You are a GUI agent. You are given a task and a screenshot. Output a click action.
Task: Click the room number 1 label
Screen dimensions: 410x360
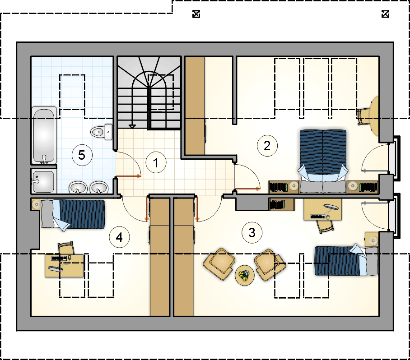tap(156, 162)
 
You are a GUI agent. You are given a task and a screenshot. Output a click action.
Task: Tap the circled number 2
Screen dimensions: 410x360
tap(267, 146)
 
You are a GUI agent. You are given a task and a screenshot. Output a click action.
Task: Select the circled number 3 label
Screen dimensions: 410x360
tap(252, 232)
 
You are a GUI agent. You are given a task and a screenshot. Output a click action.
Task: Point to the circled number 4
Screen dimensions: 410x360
tap(119, 237)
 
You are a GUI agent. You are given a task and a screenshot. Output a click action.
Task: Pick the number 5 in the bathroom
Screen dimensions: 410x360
tap(82, 155)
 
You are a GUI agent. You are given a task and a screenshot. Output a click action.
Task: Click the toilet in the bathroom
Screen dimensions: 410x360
tap(102, 132)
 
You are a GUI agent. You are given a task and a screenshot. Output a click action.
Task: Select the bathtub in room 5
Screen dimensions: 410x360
tap(44, 135)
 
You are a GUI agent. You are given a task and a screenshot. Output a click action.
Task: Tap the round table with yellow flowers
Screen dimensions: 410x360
tap(244, 275)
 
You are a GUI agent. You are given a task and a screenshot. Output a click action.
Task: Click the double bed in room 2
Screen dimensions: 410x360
tap(323, 161)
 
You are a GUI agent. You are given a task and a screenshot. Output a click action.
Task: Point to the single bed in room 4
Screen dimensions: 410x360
tap(73, 215)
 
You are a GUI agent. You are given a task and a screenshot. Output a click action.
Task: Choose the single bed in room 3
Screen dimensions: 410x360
tap(346, 260)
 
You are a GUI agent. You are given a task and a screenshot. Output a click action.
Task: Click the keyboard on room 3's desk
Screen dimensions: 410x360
tap(318, 217)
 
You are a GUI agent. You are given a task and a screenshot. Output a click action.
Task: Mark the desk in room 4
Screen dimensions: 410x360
tap(64, 266)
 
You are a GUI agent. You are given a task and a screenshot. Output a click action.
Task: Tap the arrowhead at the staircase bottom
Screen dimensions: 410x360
tap(132, 127)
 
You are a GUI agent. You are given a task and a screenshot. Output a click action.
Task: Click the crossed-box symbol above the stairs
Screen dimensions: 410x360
tap(196, 14)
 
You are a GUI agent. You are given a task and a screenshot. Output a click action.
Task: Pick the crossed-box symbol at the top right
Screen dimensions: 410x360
tap(385, 14)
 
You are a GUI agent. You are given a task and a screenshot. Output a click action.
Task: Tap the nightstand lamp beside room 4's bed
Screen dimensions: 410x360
tap(36, 204)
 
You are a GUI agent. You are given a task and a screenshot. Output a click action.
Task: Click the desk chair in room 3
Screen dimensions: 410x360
tap(325, 226)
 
